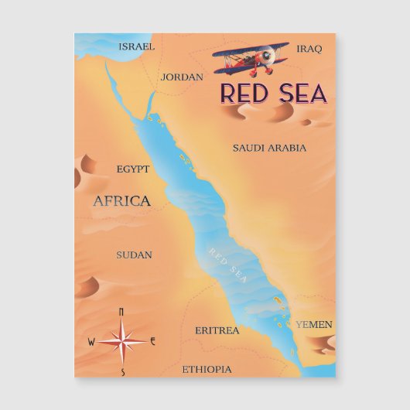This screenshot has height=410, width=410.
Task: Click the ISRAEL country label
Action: (137, 46)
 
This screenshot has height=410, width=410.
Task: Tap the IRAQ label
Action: (309, 49)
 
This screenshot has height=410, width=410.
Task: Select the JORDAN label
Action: (182, 77)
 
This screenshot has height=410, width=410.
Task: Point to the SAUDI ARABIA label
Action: (269, 147)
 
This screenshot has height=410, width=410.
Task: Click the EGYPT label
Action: (133, 169)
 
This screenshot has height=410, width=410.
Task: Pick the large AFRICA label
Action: (121, 201)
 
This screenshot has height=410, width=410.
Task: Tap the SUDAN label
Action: (134, 255)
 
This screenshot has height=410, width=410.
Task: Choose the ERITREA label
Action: (217, 330)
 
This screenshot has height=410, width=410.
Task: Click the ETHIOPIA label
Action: (207, 369)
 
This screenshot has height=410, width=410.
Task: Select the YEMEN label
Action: (314, 324)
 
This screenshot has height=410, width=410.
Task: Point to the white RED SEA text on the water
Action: (228, 267)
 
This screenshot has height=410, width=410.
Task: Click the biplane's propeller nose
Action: (268, 56)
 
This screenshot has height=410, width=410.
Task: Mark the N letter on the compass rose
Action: (121, 312)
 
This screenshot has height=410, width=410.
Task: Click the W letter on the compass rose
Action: (91, 341)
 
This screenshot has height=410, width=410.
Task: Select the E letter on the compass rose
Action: (153, 341)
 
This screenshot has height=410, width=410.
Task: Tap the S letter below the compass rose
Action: (122, 372)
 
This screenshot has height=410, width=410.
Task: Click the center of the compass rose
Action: (121, 341)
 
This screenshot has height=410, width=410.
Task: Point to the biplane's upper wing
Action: (249, 49)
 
